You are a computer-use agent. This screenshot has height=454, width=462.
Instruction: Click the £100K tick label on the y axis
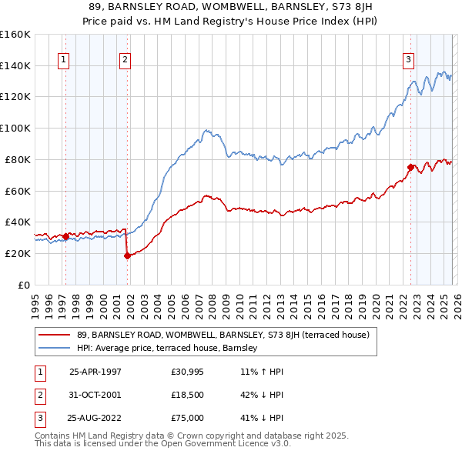[x=15, y=128]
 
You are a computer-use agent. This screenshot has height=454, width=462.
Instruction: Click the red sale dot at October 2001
[x=127, y=256]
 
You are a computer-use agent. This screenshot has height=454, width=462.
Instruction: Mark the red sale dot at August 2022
[x=411, y=166]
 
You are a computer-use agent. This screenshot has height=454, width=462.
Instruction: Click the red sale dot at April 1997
[x=66, y=236]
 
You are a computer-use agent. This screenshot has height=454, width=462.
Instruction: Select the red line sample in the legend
[x=55, y=335]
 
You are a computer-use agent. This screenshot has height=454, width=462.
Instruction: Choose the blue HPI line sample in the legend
[x=55, y=348]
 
